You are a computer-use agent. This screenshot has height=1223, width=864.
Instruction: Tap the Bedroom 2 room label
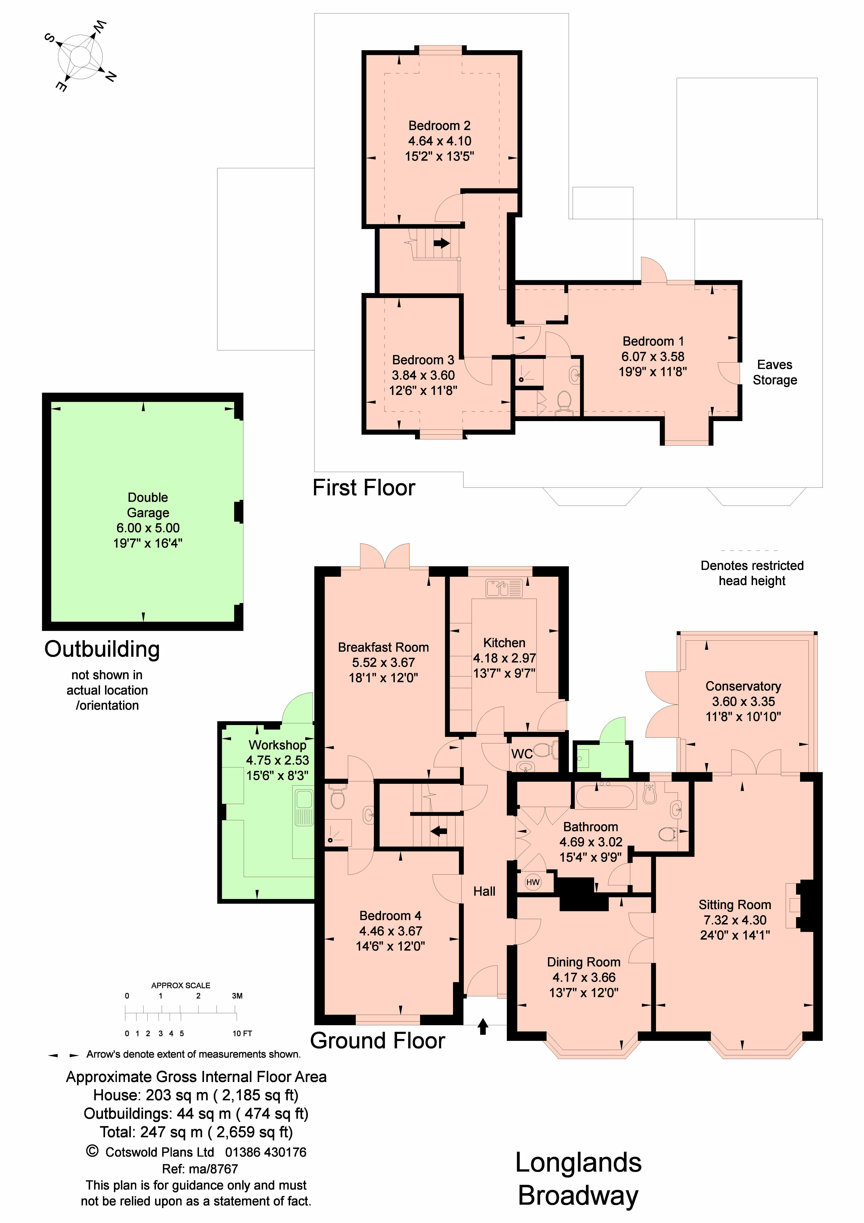(x=439, y=126)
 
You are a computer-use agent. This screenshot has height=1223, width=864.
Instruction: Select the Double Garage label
(x=148, y=505)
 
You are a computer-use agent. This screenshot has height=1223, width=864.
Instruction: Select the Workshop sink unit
(x=304, y=807)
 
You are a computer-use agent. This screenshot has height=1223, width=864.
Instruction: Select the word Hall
(x=484, y=891)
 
